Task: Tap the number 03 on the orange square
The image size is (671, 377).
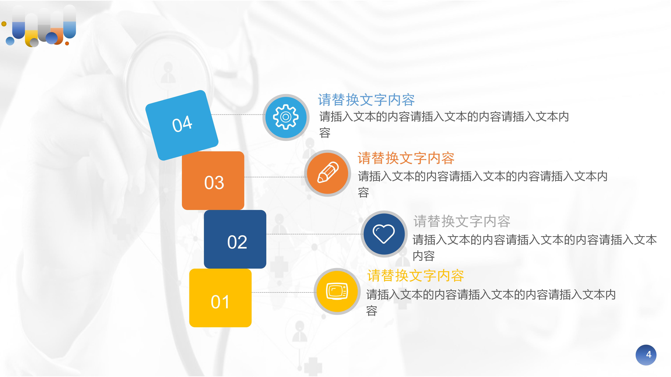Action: pyautogui.click(x=214, y=182)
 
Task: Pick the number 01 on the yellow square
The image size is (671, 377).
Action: pyautogui.click(x=220, y=302)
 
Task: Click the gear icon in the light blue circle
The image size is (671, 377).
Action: pyautogui.click(x=286, y=117)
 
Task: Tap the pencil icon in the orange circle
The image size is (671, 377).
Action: pyautogui.click(x=328, y=173)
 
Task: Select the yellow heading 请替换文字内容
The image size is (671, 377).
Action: pyautogui.click(x=416, y=276)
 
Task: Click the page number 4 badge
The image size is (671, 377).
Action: pyautogui.click(x=646, y=355)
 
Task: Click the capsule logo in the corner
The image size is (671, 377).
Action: pyautogui.click(x=40, y=26)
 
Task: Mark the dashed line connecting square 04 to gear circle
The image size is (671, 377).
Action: pyautogui.click(x=237, y=114)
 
